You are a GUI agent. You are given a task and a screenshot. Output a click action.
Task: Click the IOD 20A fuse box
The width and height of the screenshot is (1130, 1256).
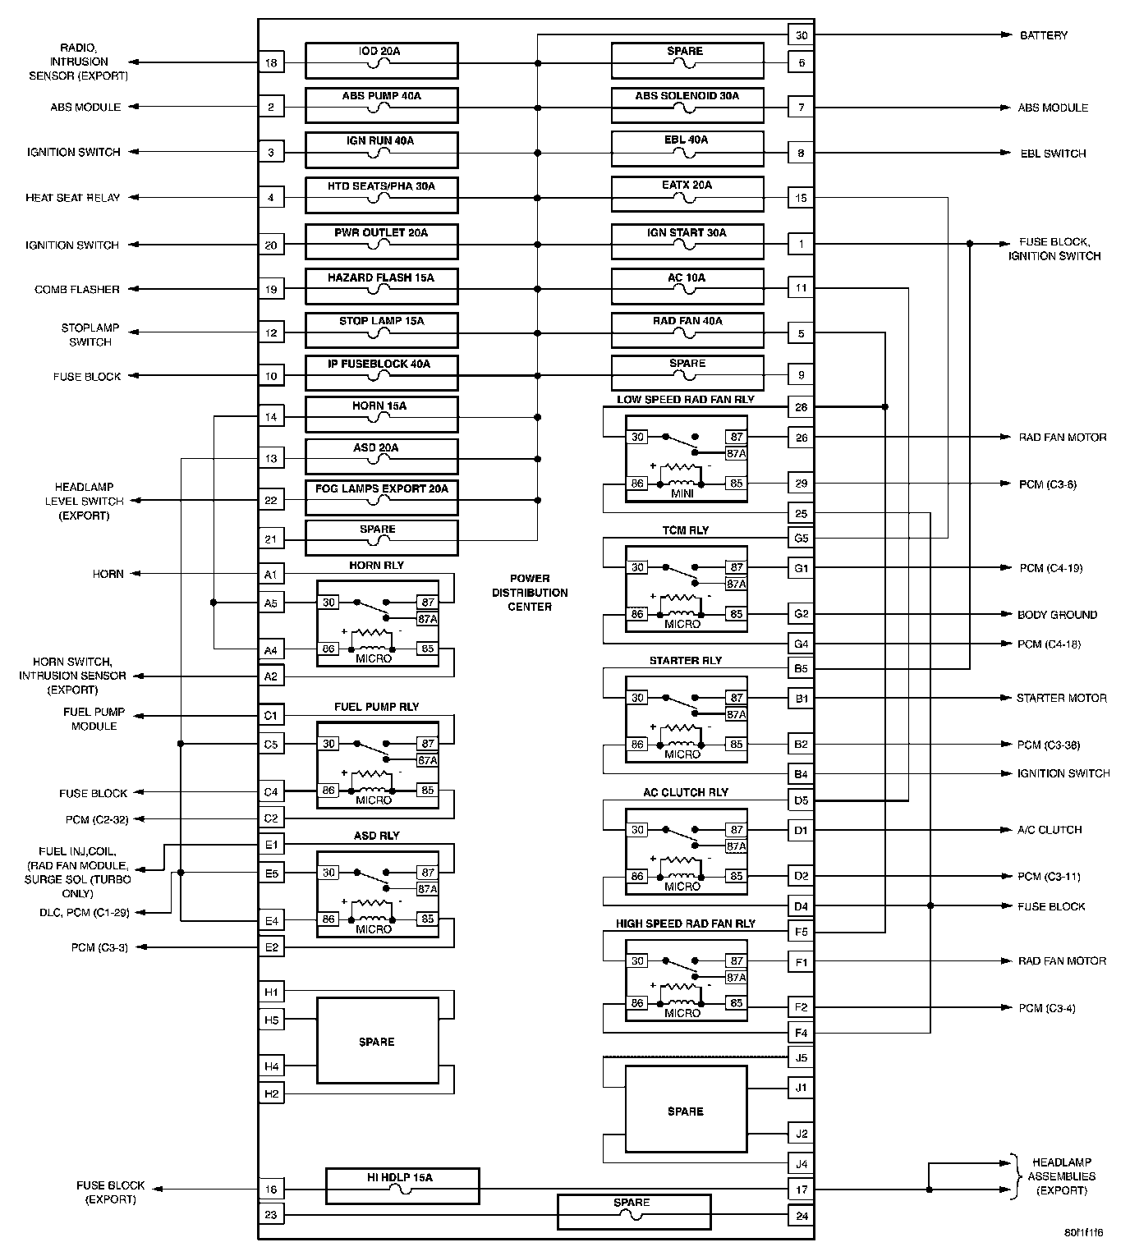point(381,61)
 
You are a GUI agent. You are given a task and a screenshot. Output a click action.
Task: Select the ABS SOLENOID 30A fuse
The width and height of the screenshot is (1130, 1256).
point(687,106)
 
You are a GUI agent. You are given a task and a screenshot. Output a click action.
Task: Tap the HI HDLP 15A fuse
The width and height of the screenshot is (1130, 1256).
point(402,1187)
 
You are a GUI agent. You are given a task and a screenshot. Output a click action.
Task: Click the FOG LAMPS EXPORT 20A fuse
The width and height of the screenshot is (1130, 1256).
point(381,497)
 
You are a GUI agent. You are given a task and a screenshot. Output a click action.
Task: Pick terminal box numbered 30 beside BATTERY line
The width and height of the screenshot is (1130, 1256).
point(802,35)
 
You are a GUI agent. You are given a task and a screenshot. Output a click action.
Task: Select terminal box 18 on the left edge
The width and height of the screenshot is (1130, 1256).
point(271,62)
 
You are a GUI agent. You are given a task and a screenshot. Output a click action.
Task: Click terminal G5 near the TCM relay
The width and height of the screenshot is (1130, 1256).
point(802,539)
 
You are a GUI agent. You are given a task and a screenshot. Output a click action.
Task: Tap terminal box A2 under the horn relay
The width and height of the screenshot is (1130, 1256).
point(271,676)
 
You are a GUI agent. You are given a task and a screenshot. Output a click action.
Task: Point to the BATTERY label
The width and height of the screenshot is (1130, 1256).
point(1043,35)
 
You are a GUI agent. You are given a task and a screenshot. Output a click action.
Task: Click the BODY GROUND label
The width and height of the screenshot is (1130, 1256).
point(1057,614)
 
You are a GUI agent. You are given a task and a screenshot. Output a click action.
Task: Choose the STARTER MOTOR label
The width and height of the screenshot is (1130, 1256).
point(1061,698)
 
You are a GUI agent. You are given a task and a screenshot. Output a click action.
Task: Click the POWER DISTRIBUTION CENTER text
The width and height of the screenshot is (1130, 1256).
point(530,592)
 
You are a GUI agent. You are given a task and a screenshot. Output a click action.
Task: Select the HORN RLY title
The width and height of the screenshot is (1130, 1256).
point(377,565)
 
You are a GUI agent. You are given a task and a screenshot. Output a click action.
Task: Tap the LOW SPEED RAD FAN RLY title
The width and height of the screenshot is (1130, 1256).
point(685,400)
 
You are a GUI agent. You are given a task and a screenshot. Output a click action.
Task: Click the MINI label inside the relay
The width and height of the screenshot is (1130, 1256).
point(682,494)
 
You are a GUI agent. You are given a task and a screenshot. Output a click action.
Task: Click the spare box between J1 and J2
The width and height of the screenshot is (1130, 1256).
point(686,1112)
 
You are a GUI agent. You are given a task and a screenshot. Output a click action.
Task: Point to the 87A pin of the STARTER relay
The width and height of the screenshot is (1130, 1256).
point(737,714)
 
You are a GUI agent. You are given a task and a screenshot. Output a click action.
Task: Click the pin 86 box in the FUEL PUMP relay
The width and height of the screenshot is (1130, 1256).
point(328,791)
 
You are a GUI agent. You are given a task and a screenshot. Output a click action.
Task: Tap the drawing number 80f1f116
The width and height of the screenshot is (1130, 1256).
point(1083,1233)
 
